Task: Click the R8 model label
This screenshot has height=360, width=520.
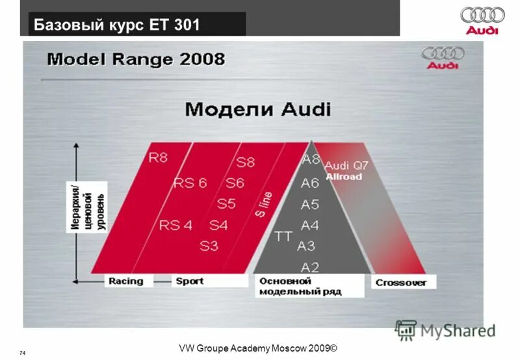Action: [158, 158]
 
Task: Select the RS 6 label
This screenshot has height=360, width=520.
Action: [190, 183]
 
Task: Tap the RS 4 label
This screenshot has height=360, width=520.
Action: [175, 225]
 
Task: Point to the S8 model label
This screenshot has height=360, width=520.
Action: [245, 162]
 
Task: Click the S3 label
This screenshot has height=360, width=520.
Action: [209, 246]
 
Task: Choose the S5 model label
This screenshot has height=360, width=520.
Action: [226, 204]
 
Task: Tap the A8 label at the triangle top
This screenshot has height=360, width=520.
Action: [311, 159]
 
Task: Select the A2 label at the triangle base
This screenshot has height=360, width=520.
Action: [309, 266]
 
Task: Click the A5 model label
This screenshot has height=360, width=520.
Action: [310, 204]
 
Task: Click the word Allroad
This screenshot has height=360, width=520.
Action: [344, 176]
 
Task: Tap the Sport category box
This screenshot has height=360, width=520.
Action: [189, 281]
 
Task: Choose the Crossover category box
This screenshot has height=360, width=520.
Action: [401, 283]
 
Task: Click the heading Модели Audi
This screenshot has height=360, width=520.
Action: [257, 109]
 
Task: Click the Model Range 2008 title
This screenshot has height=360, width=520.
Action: [136, 60]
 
